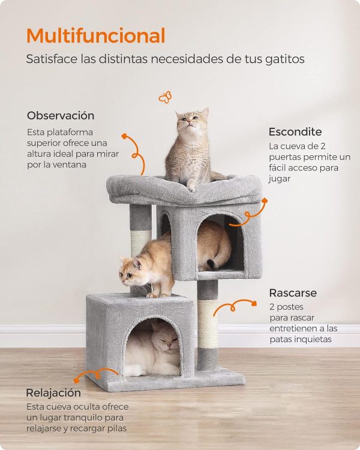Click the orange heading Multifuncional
coord(95,36)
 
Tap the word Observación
coord(61,115)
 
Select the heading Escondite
coord(295,131)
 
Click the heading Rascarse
coord(293,293)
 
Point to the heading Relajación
coord(53,393)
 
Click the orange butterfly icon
coord(164,97)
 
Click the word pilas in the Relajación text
coord(117,428)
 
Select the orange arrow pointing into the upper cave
coord(248,217)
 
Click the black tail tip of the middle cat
coord(212,263)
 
